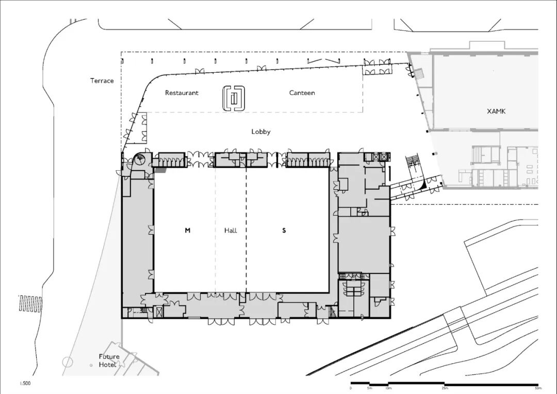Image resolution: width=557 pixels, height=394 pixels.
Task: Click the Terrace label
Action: [102, 80]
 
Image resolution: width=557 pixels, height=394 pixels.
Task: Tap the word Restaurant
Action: [182, 93]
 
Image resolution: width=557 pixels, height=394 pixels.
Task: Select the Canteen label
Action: [302, 93]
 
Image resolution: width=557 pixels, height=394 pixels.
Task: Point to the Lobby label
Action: [261, 132]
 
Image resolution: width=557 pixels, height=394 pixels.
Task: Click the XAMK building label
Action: [496, 111]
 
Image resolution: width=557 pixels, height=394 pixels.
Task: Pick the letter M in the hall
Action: [188, 231]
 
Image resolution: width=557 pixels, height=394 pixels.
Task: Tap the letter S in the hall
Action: [284, 231]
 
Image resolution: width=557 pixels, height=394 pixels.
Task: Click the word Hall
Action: [231, 231]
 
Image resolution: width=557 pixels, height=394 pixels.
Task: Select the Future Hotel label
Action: [109, 360]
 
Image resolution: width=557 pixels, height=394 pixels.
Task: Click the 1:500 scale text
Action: [25, 383]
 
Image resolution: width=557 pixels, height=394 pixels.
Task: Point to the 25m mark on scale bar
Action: [445, 388]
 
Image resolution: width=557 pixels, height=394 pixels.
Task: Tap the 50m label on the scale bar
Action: [538, 388]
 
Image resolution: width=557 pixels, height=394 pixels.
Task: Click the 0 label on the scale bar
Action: [351, 388]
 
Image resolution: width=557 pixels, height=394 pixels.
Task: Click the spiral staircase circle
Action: [140, 159]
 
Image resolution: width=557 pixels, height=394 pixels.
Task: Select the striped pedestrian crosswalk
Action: [30, 304]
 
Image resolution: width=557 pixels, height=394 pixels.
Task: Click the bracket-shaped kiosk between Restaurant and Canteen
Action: [234, 98]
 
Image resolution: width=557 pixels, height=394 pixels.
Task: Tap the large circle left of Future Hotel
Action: [68, 362]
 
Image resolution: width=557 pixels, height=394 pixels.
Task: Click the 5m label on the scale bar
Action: [369, 388]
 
